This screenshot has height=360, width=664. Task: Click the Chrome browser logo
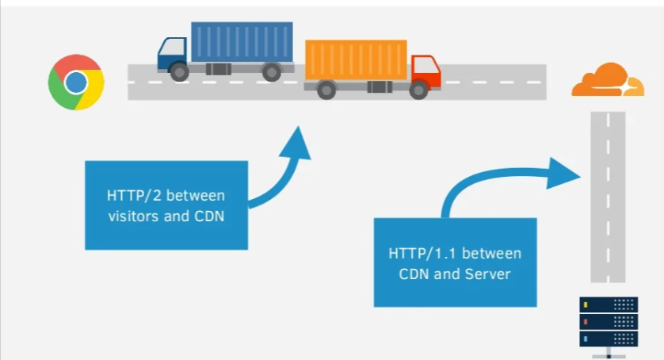tap(76, 82)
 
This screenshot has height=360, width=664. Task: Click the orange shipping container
tap(356, 60)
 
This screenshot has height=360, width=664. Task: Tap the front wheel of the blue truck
tap(180, 72)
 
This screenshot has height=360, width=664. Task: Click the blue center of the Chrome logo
tap(76, 82)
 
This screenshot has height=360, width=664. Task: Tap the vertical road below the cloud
tap(609, 198)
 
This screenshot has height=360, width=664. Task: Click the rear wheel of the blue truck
tap(271, 72)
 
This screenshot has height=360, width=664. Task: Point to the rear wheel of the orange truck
tap(326, 91)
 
